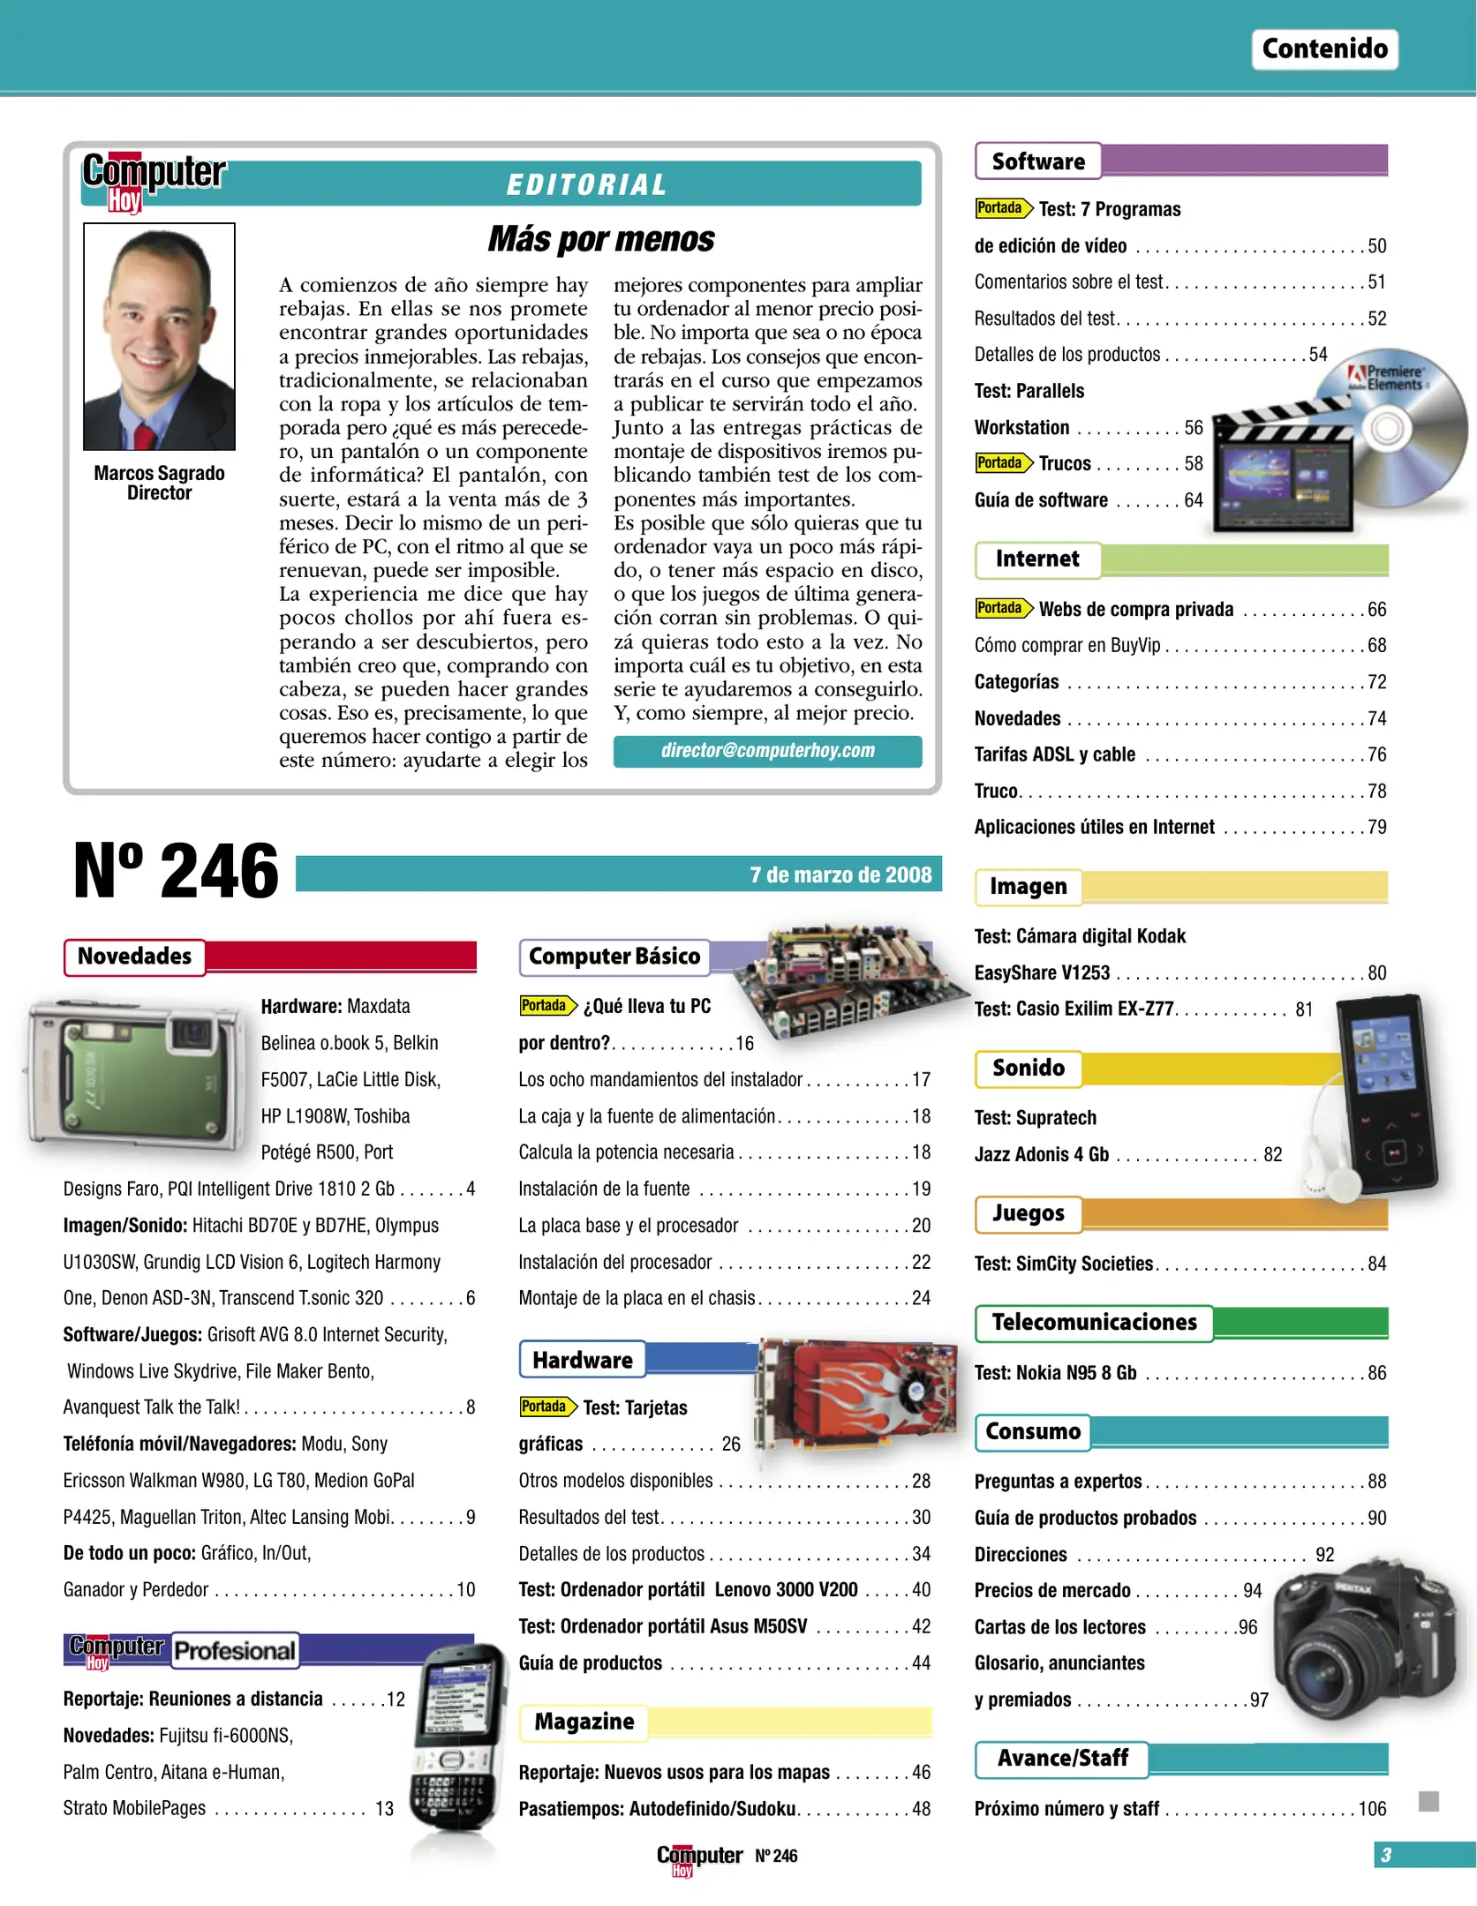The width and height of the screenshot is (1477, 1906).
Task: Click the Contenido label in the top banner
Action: pos(1323,49)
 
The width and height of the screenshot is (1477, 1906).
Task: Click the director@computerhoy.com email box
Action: pos(767,751)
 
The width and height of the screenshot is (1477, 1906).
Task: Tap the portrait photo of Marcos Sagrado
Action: pos(159,336)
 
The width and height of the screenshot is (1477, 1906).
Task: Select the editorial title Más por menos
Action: pos(600,239)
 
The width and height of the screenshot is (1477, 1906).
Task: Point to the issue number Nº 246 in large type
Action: pos(176,871)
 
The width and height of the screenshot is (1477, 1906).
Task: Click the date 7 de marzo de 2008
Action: pos(840,874)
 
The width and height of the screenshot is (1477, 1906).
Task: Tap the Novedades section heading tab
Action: pos(134,957)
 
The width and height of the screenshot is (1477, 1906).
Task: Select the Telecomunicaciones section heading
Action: pos(1094,1322)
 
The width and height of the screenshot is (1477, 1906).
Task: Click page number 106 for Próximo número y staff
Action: pos(1371,1809)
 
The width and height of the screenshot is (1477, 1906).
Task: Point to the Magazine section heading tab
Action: pos(584,1722)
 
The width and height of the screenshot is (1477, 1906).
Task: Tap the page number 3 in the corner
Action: pos(1386,1855)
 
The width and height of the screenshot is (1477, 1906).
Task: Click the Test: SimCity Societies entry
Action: pos(1064,1264)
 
